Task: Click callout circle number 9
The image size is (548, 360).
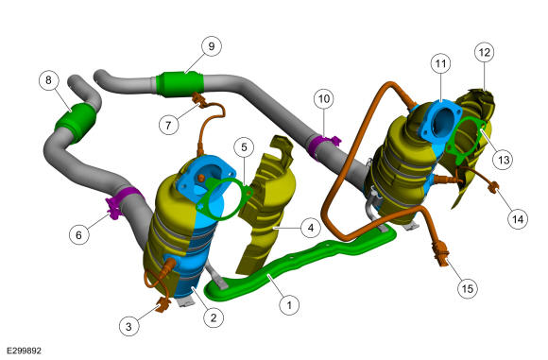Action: pyautogui.click(x=212, y=46)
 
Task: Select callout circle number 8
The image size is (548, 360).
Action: pyautogui.click(x=48, y=80)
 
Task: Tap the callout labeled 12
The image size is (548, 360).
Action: pyautogui.click(x=485, y=52)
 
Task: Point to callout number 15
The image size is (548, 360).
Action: pyautogui.click(x=468, y=289)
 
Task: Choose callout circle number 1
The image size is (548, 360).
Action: pyautogui.click(x=289, y=305)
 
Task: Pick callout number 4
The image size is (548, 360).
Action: pyautogui.click(x=311, y=228)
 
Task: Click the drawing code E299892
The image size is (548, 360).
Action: pyautogui.click(x=24, y=351)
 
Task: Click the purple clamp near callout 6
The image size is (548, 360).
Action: pyautogui.click(x=121, y=203)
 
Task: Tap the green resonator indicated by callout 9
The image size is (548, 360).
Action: pyautogui.click(x=180, y=84)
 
